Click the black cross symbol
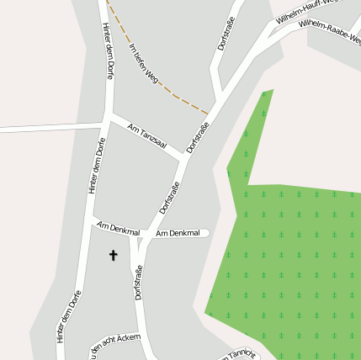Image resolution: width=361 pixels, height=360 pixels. click(114, 254)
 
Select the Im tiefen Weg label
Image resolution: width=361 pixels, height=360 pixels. click(144, 64)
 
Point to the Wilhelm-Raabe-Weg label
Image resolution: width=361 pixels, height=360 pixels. click(331, 30)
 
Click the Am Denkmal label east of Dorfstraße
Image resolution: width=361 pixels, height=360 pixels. click(178, 232)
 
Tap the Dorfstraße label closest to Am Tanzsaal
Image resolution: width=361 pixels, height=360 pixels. click(198, 137)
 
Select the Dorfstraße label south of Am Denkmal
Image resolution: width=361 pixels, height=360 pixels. click(138, 282)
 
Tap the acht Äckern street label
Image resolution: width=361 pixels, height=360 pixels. click(114, 342)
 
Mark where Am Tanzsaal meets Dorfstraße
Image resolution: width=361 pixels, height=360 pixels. click(184, 156)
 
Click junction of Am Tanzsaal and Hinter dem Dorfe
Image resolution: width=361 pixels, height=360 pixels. click(108, 114)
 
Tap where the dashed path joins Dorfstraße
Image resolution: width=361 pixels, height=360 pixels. click(208, 113)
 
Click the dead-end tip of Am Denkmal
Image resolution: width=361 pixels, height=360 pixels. click(207, 233)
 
